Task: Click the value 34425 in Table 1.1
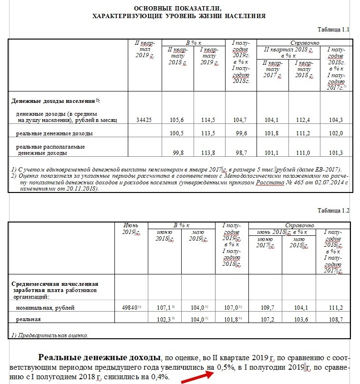click(x=143, y=120)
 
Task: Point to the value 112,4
click(x=303, y=120)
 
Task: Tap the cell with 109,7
click(x=265, y=308)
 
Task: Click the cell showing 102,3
click(x=165, y=319)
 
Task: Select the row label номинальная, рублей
click(x=45, y=308)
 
